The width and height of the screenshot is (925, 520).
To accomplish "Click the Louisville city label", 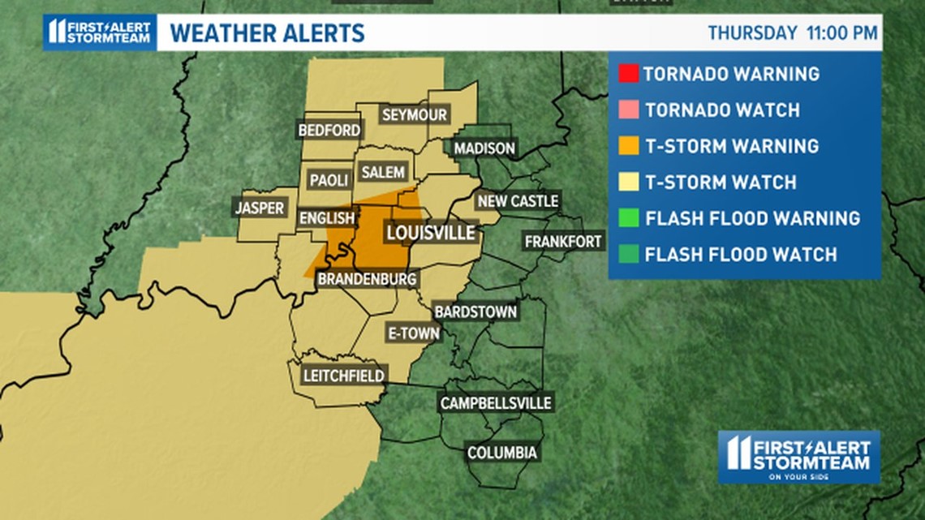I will point(430,234).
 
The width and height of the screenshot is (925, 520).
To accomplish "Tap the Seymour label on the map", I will point(414,115).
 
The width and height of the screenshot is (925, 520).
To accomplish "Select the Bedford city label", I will point(329,130).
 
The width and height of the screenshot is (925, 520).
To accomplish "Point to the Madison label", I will point(484,148).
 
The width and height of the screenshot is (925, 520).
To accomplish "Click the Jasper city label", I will point(260,208).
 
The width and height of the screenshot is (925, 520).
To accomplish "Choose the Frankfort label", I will point(563,242).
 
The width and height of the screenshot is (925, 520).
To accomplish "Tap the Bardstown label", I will point(475,312).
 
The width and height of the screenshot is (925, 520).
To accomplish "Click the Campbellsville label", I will point(495,403).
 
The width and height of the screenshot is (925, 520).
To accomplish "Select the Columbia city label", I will point(501,453).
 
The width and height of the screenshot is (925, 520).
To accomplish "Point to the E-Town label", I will point(413,333).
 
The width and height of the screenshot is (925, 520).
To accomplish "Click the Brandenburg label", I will point(367,279).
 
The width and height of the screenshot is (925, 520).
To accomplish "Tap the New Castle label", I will point(518,201).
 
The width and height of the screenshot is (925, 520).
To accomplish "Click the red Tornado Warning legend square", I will point(627,74).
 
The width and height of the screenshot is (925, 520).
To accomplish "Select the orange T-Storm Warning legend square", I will point(627,146).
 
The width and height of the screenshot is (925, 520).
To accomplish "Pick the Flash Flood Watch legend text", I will point(740,255).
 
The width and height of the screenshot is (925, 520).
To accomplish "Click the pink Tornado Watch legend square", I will point(627,110).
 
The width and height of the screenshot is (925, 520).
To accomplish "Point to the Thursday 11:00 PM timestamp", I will point(792,33).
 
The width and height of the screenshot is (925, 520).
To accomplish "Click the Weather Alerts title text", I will point(267,33).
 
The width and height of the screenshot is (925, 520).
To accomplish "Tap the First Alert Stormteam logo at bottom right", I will point(798,457).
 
